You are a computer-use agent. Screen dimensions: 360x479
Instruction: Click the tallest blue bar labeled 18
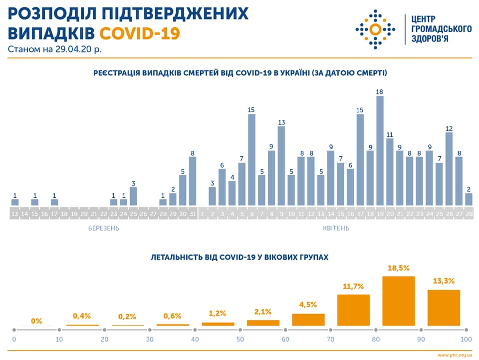pyautogui.click(x=380, y=150)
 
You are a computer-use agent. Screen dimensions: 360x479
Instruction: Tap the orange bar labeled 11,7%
pyautogui.click(x=353, y=310)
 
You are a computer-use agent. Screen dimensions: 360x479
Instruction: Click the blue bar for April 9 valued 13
pyautogui.click(x=281, y=165)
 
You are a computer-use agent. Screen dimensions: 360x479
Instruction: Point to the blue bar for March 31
pyautogui.click(x=193, y=181)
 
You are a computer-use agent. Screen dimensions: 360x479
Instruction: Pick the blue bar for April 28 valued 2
pyautogui.click(x=469, y=199)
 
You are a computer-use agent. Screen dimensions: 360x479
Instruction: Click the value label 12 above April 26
pyautogui.click(x=449, y=128)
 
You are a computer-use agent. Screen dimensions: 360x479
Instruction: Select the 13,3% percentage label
pyautogui.click(x=444, y=281)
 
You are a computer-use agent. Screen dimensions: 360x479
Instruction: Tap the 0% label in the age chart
pyautogui.click(x=36, y=321)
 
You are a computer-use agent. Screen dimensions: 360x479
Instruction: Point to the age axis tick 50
pyautogui.click(x=240, y=340)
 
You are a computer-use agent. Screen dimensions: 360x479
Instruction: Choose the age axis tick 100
pyautogui.click(x=466, y=340)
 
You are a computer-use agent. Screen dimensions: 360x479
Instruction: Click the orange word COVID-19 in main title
pyautogui.click(x=139, y=33)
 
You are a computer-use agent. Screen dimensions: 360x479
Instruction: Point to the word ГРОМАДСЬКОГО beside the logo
pyautogui.click(x=441, y=28)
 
